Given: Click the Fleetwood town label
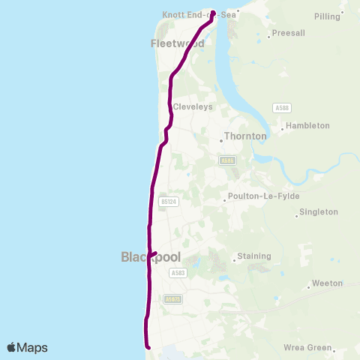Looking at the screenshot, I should click(178, 43).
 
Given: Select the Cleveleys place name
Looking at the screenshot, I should click(193, 107).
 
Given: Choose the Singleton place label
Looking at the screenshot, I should click(319, 212).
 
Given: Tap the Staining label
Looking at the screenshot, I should click(253, 256).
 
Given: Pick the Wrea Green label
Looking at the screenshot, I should click(307, 347).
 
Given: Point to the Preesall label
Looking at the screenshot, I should click(288, 33).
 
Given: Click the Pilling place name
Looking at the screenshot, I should click(328, 16).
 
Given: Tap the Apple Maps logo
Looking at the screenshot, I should click(28, 347).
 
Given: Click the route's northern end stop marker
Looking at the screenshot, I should click(214, 13).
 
